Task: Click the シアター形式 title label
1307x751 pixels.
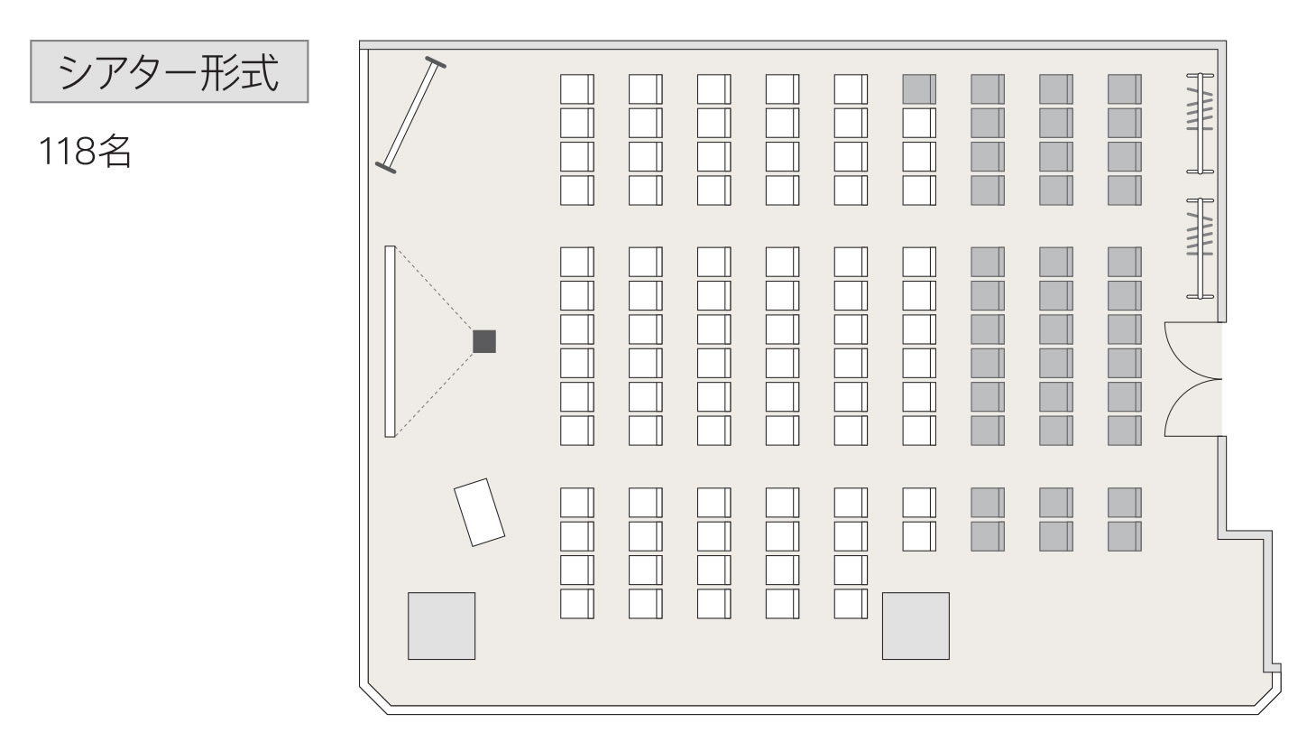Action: [x=169, y=72]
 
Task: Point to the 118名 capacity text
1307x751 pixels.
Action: [x=85, y=152]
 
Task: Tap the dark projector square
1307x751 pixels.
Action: [x=484, y=341]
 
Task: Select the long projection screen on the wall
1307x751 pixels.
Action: [x=390, y=341]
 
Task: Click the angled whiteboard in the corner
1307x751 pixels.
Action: [x=410, y=115]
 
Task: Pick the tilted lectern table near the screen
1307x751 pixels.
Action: [x=480, y=513]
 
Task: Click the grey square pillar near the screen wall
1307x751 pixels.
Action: [x=442, y=626]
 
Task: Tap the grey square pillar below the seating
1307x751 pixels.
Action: [x=916, y=626]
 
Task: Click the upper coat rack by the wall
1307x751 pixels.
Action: [x=1201, y=124]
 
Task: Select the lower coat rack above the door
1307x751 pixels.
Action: [x=1201, y=249]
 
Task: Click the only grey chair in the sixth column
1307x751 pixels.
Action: [x=919, y=89]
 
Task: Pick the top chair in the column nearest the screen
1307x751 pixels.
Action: [x=577, y=89]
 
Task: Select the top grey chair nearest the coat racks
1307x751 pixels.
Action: [x=1125, y=89]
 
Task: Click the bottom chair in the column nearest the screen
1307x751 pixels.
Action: [x=577, y=604]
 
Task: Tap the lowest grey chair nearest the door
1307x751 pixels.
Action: [x=1125, y=536]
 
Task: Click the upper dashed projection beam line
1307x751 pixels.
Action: [x=435, y=289]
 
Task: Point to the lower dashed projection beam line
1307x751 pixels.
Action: [x=435, y=394]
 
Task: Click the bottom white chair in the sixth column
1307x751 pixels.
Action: [x=919, y=536]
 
